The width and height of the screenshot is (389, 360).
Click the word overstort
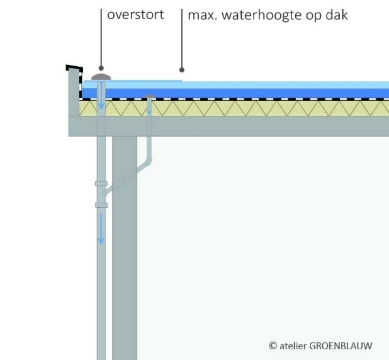(x=135, y=15)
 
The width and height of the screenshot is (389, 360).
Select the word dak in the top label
(x=338, y=15)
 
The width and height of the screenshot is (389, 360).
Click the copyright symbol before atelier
(x=273, y=346)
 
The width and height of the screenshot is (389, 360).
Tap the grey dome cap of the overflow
(x=101, y=77)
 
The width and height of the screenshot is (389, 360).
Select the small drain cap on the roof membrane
(x=149, y=96)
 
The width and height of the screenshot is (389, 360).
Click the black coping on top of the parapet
(x=74, y=68)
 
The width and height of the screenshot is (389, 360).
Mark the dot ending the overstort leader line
(x=101, y=69)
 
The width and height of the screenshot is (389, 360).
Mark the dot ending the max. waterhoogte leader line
(x=182, y=69)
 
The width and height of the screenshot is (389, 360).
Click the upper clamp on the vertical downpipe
(x=101, y=183)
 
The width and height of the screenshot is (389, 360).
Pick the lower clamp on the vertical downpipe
(x=101, y=205)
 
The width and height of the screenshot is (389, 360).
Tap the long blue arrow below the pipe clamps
(x=101, y=229)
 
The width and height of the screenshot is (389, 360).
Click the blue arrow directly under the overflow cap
(x=101, y=100)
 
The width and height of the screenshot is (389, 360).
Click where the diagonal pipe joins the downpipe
(x=104, y=194)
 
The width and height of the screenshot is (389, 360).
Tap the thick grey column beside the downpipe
(x=124, y=243)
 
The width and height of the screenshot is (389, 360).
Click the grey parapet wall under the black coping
(x=74, y=92)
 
